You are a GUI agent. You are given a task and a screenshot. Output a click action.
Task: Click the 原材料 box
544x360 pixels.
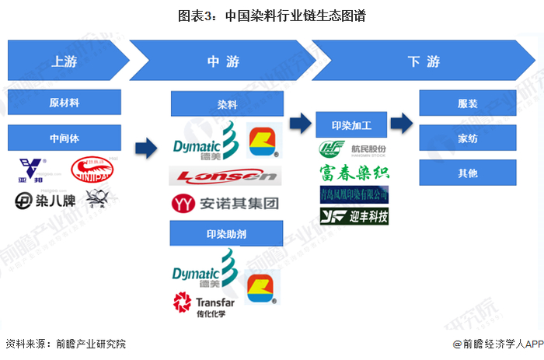[x=64, y=102]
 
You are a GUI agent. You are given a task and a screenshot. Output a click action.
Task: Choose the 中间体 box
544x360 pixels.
[x=64, y=138]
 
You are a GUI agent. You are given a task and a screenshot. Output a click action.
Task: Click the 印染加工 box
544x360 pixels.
[x=351, y=124]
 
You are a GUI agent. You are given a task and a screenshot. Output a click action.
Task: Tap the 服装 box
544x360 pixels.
[x=468, y=103]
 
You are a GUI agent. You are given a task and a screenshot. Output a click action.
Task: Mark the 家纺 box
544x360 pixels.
[x=468, y=138]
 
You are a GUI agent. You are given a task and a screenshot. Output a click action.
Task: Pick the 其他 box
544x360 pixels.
[x=468, y=172]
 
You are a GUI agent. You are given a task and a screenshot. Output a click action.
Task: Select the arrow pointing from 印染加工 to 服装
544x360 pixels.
[x=401, y=123]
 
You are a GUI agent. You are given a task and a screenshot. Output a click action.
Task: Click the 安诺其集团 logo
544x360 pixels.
[x=225, y=204]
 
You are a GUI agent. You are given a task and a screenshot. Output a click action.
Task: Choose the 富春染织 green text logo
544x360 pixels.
[x=354, y=172]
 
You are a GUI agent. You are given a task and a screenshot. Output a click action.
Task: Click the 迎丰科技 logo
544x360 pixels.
[x=354, y=215]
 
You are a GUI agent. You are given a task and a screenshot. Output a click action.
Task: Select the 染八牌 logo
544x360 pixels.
[x=40, y=201]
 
